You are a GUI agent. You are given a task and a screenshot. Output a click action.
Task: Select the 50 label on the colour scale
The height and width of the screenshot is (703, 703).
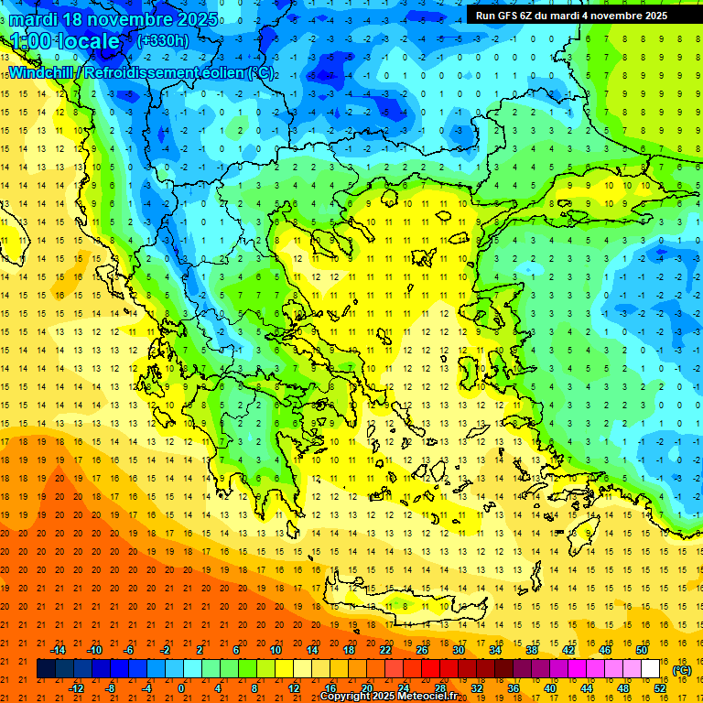coord(641,650)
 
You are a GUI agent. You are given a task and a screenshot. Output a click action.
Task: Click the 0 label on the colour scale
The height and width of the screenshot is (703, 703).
coord(181,688)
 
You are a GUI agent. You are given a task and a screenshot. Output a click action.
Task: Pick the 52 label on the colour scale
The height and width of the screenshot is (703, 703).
coord(659,688)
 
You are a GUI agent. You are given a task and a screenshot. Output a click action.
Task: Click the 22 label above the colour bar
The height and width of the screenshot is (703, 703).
coord(385,650)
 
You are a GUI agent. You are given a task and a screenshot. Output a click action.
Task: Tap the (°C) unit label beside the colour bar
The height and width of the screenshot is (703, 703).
coord(682,669)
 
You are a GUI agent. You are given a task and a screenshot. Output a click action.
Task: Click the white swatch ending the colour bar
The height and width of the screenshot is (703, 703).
coord(650,669)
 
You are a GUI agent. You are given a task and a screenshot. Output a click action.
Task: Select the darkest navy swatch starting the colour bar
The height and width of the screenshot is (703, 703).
coord(46,669)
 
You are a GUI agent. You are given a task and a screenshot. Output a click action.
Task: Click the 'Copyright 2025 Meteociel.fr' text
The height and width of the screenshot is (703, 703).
coord(388,697)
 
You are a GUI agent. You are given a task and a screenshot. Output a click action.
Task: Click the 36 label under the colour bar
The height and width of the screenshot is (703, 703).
coord(513,688)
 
